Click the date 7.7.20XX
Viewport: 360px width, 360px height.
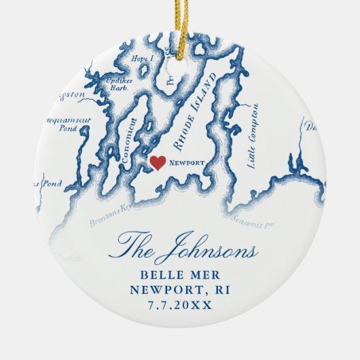pos(180,305)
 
